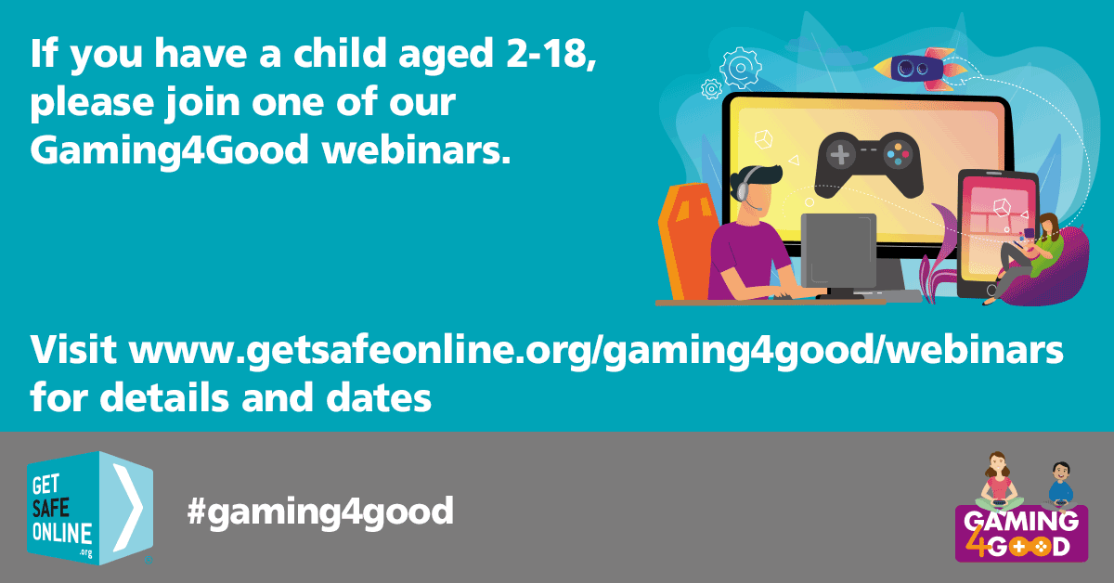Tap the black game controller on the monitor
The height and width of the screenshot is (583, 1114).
point(869,164)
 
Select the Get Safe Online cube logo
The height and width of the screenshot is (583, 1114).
point(90,508)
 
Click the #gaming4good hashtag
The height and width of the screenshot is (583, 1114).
point(320,512)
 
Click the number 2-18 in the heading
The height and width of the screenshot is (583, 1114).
point(551,53)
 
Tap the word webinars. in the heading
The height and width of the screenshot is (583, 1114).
point(417,149)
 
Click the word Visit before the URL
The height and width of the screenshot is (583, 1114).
point(73,349)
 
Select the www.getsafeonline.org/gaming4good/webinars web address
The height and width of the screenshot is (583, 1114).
point(596,352)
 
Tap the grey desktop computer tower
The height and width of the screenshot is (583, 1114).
point(838,252)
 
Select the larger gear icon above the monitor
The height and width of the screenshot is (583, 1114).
point(740,68)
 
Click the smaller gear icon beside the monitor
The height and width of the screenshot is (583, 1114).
point(712,89)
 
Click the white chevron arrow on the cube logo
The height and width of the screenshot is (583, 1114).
point(128,508)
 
